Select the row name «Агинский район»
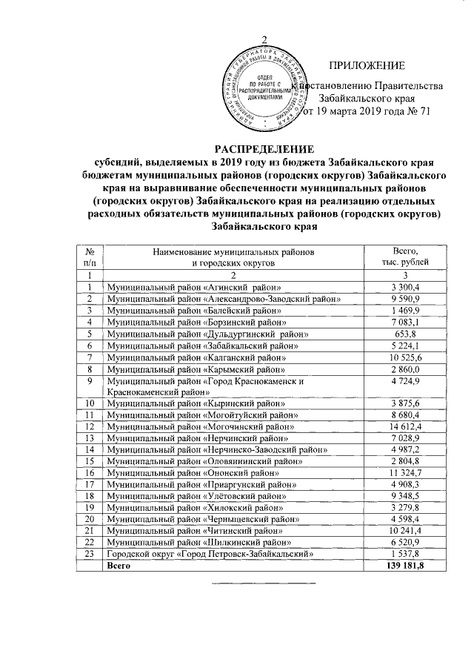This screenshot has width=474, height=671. pyautogui.click(x=194, y=287)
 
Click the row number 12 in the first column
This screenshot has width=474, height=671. pyautogui.click(x=89, y=427)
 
